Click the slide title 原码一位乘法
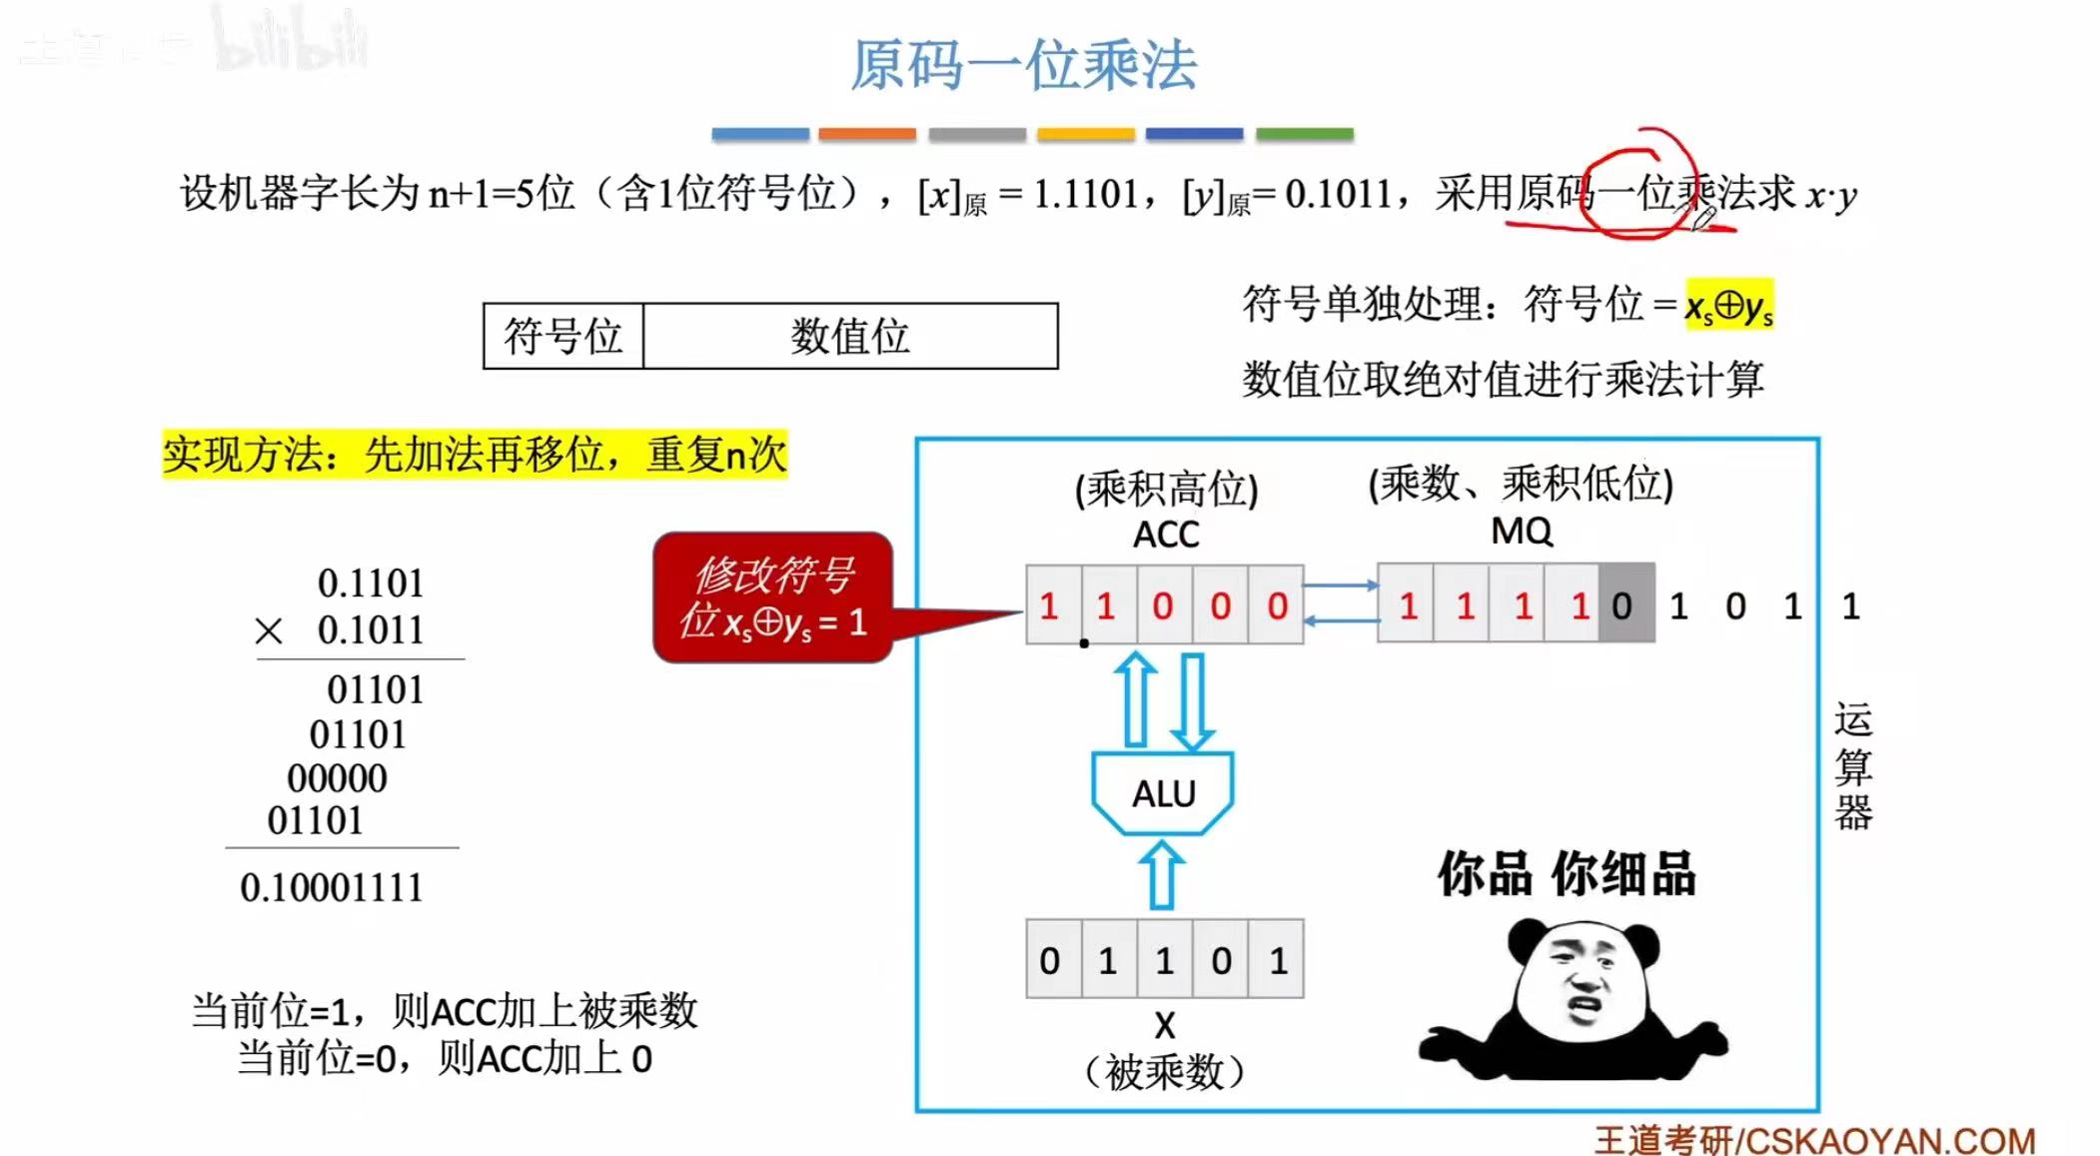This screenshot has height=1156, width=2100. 1023,66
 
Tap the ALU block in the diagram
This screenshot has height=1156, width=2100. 1163,793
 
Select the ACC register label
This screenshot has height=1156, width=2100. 1165,536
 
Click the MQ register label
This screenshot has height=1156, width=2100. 1521,532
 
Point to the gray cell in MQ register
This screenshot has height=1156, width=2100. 1625,605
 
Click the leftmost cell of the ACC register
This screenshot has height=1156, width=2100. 1050,605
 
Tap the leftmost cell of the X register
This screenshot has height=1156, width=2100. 1050,960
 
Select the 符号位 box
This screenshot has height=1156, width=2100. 562,337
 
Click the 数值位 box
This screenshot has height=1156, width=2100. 850,337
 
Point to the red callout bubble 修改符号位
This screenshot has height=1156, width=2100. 772,597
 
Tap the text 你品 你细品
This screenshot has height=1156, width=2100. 1566,873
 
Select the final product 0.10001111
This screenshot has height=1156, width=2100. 332,887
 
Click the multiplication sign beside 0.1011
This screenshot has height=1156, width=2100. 269,631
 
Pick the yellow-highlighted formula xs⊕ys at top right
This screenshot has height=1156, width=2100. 1728,306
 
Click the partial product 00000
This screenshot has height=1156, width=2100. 337,778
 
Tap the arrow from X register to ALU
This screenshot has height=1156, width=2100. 1162,875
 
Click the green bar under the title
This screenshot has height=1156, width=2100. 1304,134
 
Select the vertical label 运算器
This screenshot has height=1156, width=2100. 1852,766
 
